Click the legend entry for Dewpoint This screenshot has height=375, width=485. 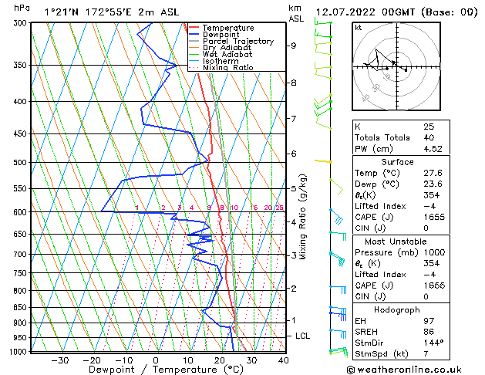(223, 35)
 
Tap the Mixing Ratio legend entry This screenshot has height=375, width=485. (227, 68)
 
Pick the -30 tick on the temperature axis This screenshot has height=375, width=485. (59, 360)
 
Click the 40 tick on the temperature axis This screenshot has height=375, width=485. (283, 360)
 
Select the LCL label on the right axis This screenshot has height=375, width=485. (303, 336)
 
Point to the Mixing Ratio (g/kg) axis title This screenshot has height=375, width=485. (304, 217)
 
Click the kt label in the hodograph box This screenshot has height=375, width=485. (359, 27)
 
